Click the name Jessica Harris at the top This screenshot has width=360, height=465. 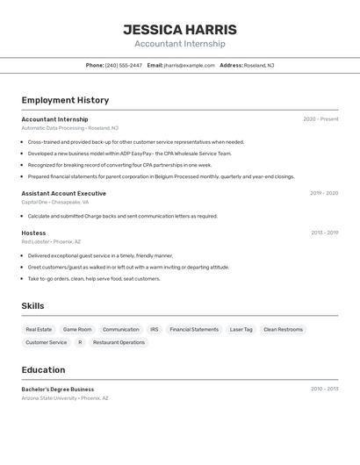click(x=180, y=30)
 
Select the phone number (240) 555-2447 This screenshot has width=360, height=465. click(x=123, y=65)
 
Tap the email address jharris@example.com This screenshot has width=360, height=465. click(x=189, y=65)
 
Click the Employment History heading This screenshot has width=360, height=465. click(x=66, y=100)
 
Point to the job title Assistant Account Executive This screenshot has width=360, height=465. click(x=64, y=193)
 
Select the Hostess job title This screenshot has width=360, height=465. click(x=33, y=232)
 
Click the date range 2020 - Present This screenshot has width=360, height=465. click(x=320, y=119)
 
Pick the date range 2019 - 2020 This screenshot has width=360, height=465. click(x=323, y=193)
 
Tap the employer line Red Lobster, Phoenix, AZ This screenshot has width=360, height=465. click(x=51, y=241)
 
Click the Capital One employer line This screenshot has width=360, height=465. click(x=54, y=202)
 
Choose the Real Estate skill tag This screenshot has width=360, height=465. click(x=39, y=330)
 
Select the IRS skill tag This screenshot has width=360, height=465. click(x=155, y=330)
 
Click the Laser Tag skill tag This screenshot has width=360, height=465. click(x=241, y=330)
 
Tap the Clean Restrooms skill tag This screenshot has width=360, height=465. click(x=283, y=330)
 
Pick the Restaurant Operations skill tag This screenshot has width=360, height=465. click(x=119, y=342)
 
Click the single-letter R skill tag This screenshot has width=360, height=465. click(x=80, y=342)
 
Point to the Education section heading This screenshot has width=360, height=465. click(x=44, y=369)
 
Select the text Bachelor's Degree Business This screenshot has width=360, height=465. click(x=58, y=389)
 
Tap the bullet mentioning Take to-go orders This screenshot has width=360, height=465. click(x=94, y=279)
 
